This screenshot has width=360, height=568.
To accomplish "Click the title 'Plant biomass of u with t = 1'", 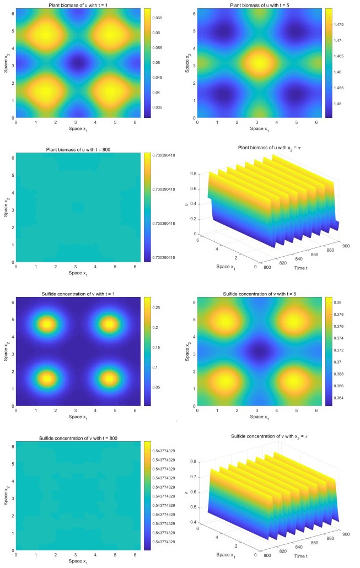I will pyautogui.click(x=74, y=5).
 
